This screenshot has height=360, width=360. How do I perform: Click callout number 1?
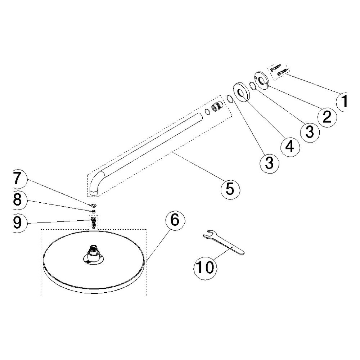(x=342, y=102)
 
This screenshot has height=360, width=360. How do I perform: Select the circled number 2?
(x=327, y=117)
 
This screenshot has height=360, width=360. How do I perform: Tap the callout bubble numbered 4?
(x=291, y=147)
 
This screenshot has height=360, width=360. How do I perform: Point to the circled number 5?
(x=230, y=189)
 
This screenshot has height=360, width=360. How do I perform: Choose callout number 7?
(x=18, y=179)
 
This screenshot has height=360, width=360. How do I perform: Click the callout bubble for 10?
(x=205, y=268)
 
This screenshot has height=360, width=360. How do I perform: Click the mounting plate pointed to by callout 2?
(x=262, y=81)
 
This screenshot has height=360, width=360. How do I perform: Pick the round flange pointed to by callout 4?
(x=242, y=92)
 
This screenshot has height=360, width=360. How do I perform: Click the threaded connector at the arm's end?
(x=217, y=107)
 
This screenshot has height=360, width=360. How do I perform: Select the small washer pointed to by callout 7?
(x=94, y=204)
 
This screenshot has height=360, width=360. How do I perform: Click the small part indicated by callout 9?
(x=93, y=222)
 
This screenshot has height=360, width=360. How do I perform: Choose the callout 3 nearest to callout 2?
(x=310, y=132)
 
